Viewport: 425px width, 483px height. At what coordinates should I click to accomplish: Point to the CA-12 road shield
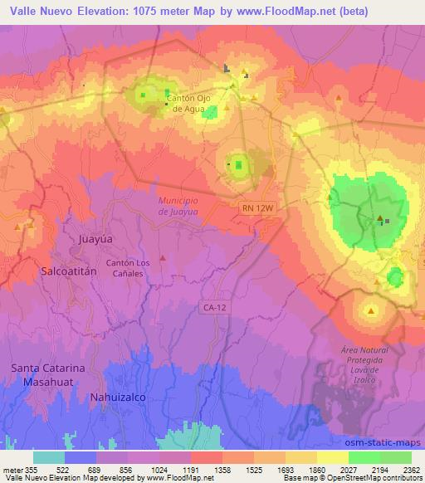point(212,307)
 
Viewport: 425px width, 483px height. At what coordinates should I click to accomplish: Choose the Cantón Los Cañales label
point(127,268)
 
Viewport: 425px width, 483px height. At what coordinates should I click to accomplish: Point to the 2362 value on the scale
point(411,470)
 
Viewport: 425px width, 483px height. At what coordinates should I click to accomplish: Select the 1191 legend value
point(191,470)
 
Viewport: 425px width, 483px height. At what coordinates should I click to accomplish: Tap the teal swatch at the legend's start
point(49,457)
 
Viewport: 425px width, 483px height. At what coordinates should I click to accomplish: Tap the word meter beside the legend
point(12,470)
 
